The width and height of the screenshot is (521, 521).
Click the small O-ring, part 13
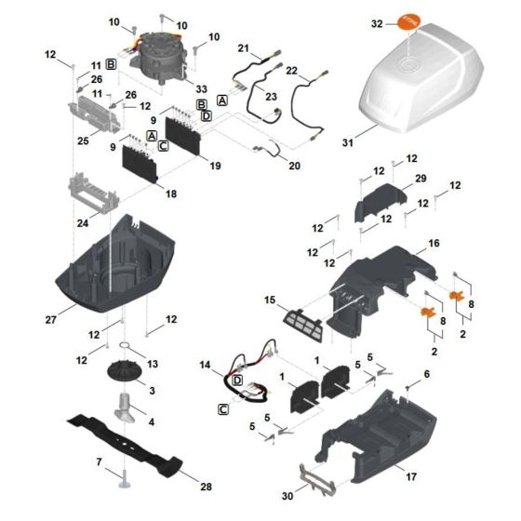136,351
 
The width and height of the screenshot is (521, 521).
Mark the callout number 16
433,243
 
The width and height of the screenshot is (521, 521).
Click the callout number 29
421,178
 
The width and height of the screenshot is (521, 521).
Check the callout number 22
290,71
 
